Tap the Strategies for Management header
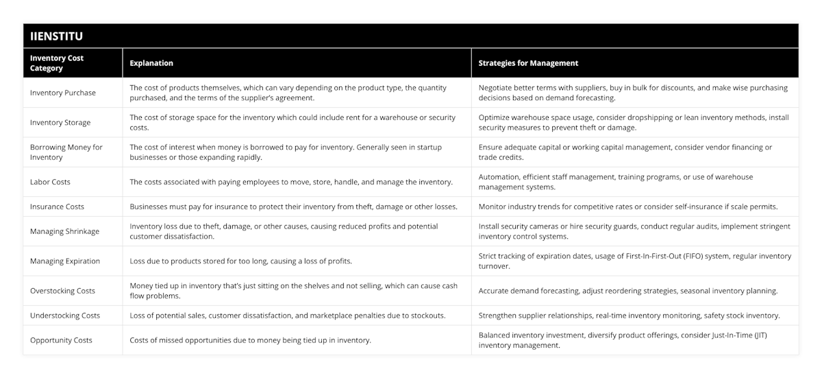(528, 63)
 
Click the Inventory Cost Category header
(57, 63)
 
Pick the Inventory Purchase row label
(63, 93)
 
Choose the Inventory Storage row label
(60, 122)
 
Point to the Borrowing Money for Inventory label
(66, 152)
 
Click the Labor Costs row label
(50, 182)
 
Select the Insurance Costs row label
(57, 206)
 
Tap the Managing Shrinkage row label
(64, 231)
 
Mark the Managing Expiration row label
(65, 261)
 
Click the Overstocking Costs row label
(62, 291)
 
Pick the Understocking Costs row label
(65, 316)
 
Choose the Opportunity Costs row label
(61, 340)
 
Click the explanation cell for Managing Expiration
(251, 261)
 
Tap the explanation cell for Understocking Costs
(288, 316)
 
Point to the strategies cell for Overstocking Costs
(628, 291)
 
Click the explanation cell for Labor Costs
(291, 182)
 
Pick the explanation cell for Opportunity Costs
(251, 340)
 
